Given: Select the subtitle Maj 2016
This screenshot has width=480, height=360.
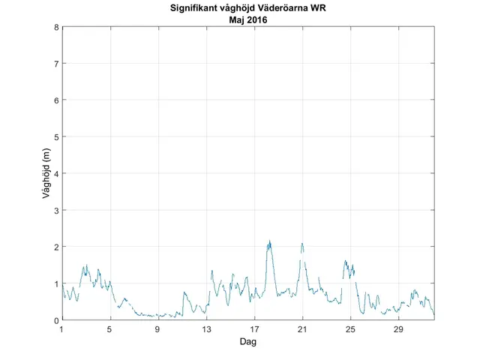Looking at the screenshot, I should pyautogui.click(x=248, y=21).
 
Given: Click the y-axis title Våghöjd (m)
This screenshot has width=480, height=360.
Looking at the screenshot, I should pyautogui.click(x=46, y=174).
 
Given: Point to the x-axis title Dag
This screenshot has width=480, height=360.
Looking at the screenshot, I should pyautogui.click(x=248, y=342).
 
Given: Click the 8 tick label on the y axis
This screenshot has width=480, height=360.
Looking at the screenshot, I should pyautogui.click(x=56, y=28).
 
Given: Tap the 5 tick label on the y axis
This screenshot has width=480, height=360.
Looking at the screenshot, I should pyautogui.click(x=56, y=137).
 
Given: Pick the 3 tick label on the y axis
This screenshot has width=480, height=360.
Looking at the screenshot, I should pyautogui.click(x=56, y=210).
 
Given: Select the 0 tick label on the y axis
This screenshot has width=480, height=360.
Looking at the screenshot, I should pyautogui.click(x=56, y=320).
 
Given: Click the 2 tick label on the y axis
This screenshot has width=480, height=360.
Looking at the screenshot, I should pyautogui.click(x=56, y=247).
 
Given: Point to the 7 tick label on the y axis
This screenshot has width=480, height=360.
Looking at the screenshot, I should pyautogui.click(x=56, y=64).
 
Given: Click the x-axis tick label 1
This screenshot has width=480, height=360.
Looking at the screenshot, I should pyautogui.click(x=62, y=330).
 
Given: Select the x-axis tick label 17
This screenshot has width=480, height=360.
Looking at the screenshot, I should pyautogui.click(x=254, y=330).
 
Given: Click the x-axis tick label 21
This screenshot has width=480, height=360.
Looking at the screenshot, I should pyautogui.click(x=302, y=330).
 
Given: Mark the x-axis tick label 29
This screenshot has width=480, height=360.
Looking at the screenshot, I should pyautogui.click(x=398, y=330).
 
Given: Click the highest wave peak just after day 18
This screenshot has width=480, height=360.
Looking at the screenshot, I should pyautogui.click(x=269, y=241).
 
